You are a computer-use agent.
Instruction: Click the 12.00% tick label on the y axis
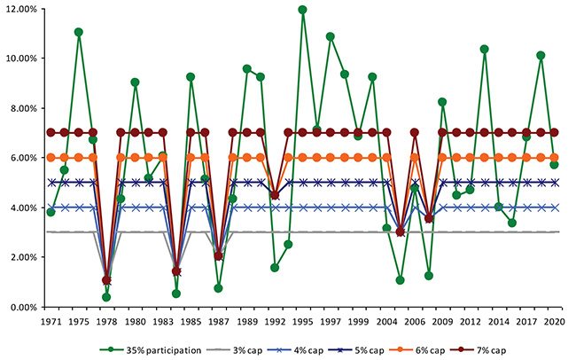(x=19, y=9)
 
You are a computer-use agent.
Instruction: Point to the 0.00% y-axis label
(x=21, y=308)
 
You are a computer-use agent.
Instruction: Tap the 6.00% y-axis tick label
(x=21, y=158)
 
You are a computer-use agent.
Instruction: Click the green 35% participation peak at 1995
(x=302, y=10)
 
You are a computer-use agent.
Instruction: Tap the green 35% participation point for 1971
(x=51, y=213)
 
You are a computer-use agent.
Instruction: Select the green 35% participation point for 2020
(x=556, y=165)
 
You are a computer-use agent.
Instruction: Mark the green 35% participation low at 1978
(x=106, y=297)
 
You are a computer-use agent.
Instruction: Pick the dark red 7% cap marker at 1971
(x=51, y=132)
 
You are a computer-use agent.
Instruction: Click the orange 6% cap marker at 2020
(x=556, y=158)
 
